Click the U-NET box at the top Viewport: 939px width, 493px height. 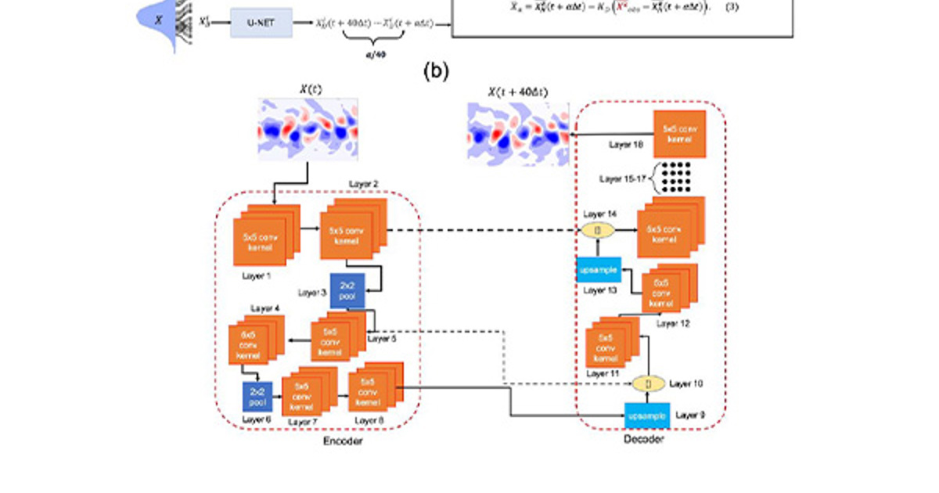(x=261, y=23)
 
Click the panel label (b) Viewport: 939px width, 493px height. (x=436, y=71)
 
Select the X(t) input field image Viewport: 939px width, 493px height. (x=307, y=130)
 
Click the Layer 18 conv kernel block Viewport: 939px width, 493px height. (x=679, y=134)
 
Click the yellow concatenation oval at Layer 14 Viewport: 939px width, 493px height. (x=597, y=231)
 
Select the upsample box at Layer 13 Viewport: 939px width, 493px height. (x=599, y=270)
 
